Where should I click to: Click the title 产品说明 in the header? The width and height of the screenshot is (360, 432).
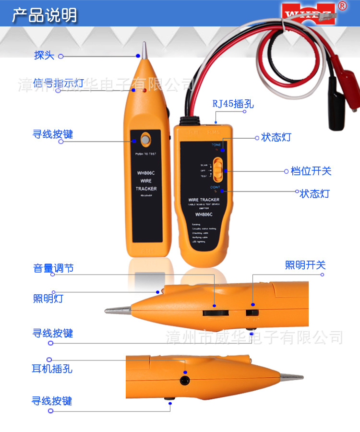click(44, 15)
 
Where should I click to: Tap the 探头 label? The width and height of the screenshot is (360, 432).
click(44, 55)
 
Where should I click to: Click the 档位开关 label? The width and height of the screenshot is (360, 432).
click(311, 171)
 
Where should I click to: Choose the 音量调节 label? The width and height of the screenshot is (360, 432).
click(53, 268)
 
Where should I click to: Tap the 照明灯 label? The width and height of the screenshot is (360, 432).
click(48, 299)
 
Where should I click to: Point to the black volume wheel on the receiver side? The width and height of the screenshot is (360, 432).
click(214, 312)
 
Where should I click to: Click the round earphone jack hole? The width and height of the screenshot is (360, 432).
click(184, 380)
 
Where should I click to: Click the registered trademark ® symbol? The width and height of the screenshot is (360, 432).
click(342, 6)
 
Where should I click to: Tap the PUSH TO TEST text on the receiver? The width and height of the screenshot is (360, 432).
click(146, 154)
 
